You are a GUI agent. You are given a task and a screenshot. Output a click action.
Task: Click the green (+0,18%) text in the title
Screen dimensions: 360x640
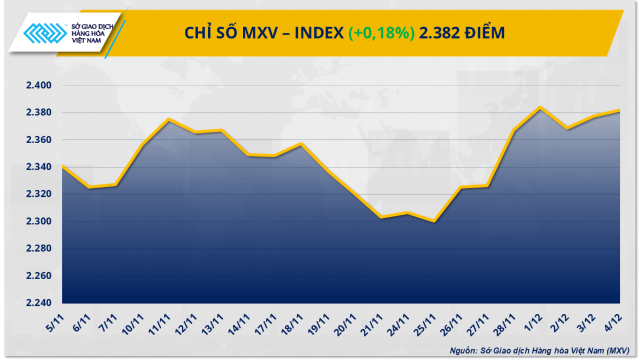pos(381,34)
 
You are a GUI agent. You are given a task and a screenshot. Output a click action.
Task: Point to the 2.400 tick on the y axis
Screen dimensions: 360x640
pos(38,86)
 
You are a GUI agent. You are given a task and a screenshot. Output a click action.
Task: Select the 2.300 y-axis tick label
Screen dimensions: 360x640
pos(38,222)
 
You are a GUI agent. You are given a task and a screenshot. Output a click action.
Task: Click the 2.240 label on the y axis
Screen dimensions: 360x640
pos(38,303)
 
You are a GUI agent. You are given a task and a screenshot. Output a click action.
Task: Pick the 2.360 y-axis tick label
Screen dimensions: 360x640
pos(38,140)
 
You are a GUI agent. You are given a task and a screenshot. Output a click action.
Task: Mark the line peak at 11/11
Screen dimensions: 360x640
pos(169,119)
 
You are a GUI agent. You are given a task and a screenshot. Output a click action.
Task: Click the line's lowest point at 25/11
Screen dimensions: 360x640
pos(434,221)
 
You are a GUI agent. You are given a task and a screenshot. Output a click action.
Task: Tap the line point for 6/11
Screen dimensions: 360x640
pos(89,187)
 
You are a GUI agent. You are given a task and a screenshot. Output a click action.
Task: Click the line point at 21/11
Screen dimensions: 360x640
pos(381,217)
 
